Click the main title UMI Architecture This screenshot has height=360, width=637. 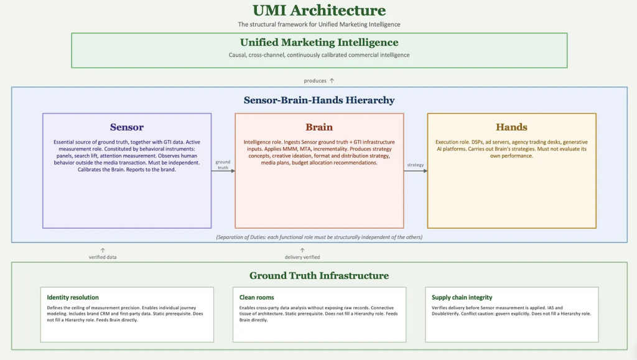(319, 10)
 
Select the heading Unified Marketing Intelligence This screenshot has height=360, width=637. (319, 42)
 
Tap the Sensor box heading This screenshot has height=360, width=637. (127, 127)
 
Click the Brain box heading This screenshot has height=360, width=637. (319, 127)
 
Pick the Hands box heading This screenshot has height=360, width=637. (511, 127)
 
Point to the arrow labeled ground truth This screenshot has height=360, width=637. (223, 171)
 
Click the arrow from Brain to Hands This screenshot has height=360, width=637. (416, 171)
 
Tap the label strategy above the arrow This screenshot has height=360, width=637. (415, 165)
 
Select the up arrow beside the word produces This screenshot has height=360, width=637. (332, 80)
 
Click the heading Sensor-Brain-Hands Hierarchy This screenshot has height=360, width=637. (319, 100)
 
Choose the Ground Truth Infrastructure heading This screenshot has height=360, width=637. (319, 275)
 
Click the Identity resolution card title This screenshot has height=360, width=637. (73, 297)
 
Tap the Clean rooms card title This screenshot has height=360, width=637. (257, 297)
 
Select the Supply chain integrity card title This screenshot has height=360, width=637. (462, 297)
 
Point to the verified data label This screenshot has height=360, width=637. (103, 257)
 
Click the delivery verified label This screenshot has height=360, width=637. (302, 257)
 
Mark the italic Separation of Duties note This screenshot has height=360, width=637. (319, 237)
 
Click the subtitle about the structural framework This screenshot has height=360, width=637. (319, 24)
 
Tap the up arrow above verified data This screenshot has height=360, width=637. (103, 251)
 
